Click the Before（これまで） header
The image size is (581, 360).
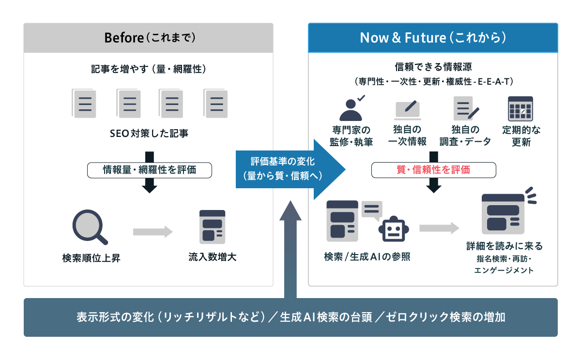(149, 38)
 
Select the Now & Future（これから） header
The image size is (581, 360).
(433, 38)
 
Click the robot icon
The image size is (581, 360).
(393, 229)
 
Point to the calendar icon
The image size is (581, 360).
(520, 108)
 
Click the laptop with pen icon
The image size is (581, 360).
(407, 109)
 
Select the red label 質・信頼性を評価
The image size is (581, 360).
(433, 170)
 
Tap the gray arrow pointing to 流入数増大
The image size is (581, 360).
(153, 232)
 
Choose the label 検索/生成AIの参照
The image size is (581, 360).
(367, 256)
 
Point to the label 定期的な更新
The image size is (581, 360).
(521, 135)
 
